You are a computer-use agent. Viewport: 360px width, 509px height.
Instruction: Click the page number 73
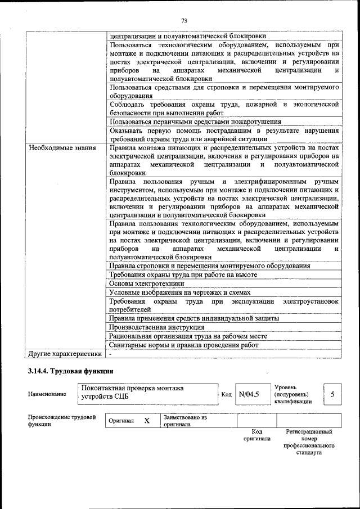(x=184, y=21)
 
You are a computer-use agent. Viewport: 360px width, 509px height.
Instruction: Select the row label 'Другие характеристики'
(x=65, y=354)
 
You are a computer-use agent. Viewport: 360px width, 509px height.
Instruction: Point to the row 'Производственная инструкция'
(x=156, y=327)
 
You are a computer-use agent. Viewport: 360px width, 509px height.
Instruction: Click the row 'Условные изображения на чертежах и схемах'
(x=180, y=292)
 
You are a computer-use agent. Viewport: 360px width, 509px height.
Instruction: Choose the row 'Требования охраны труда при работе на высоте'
(x=183, y=274)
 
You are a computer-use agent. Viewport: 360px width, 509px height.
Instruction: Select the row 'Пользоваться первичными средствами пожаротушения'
(x=195, y=121)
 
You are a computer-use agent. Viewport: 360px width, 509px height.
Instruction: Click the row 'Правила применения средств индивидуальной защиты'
(x=194, y=318)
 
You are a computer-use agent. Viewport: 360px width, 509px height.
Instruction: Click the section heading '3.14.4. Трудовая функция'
(x=71, y=371)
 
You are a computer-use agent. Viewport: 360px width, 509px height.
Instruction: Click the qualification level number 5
(x=332, y=394)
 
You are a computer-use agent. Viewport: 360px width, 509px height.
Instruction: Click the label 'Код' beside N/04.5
(x=227, y=394)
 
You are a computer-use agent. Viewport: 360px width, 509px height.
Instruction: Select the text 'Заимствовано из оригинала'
(x=186, y=421)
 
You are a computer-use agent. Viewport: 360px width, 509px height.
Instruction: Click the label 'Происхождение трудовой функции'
(x=61, y=421)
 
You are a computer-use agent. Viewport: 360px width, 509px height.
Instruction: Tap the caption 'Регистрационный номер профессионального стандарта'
(x=309, y=442)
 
